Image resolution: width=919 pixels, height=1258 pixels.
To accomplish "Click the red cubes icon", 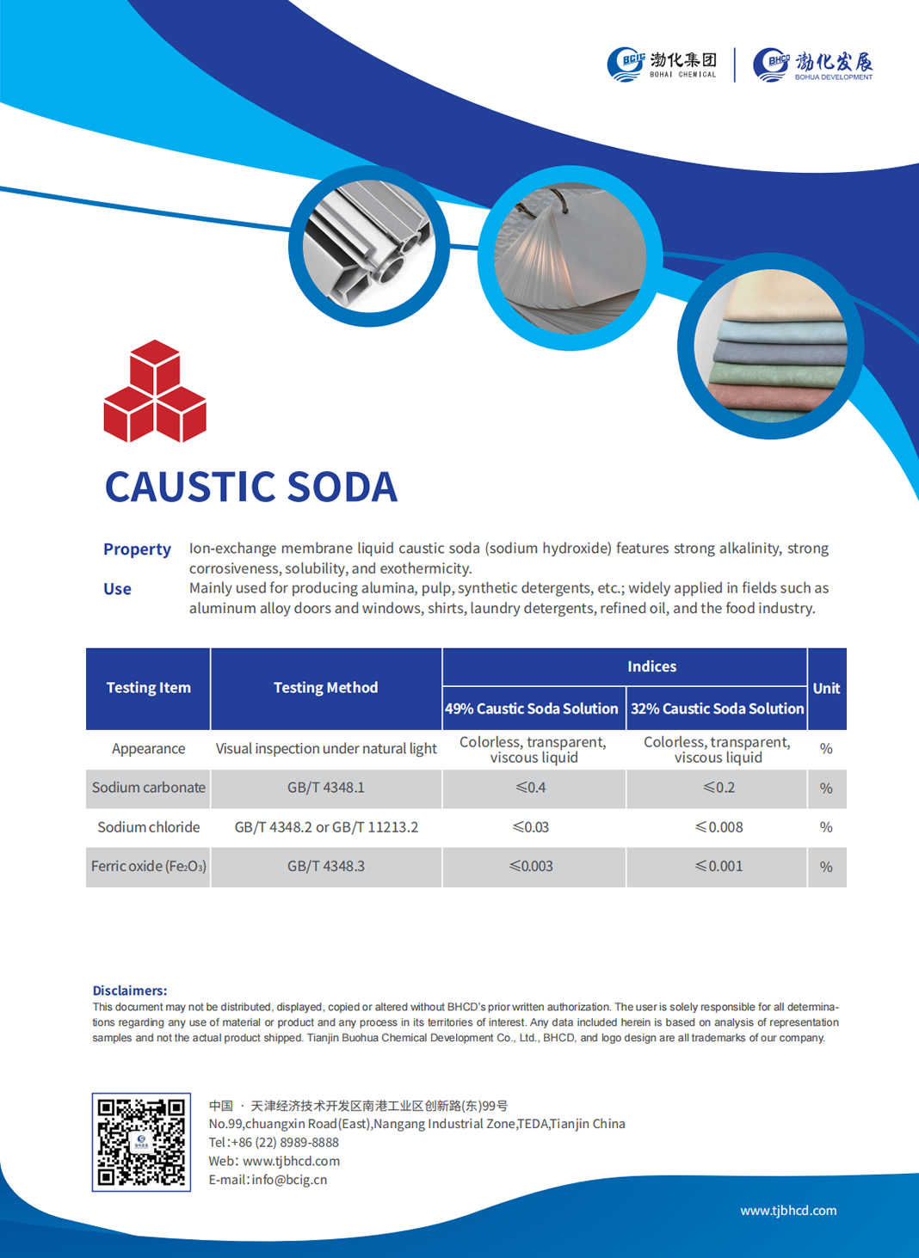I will point(155,392).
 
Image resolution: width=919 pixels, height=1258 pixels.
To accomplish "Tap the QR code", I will point(141,1142).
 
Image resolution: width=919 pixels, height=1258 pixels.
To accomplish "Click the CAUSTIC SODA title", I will point(251,487).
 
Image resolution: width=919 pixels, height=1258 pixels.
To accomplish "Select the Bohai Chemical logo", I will point(662,64).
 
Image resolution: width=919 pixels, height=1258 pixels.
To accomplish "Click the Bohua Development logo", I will point(813,64).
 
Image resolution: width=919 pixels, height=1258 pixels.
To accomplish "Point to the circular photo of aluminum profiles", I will point(369,246).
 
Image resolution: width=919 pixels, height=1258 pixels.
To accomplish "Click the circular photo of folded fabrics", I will point(770,347).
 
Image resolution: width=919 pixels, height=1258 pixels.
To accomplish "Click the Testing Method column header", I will point(325,688).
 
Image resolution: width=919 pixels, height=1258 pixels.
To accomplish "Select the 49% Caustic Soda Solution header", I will point(532,709).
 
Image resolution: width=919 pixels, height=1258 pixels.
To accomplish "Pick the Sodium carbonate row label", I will point(149,788).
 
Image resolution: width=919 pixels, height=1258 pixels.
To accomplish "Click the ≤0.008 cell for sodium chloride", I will point(719,827).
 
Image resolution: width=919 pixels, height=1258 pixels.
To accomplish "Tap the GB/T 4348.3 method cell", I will point(326,866).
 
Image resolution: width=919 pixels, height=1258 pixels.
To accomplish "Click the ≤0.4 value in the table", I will point(531,788).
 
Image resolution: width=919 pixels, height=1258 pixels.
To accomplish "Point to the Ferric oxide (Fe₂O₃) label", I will point(149,866).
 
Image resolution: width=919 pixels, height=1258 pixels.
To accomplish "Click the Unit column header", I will point(826,688).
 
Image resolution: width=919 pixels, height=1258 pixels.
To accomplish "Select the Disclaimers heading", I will point(130,991).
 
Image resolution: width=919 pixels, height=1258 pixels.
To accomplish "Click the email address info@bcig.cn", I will point(268,1180).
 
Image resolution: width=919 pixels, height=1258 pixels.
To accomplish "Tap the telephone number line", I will point(274,1143).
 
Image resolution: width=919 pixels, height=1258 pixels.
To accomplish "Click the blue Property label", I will point(137,549).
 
